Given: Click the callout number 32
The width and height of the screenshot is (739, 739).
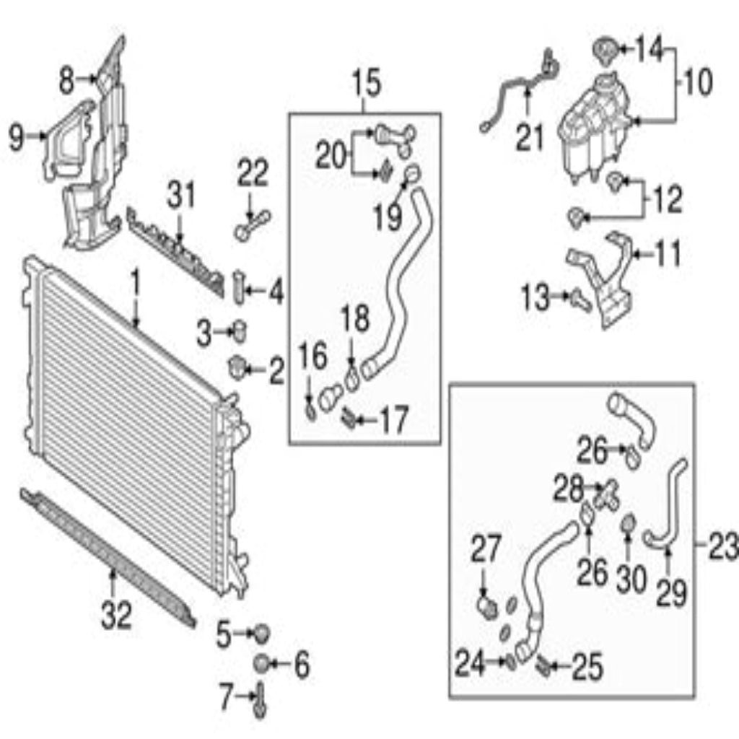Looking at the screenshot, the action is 116,614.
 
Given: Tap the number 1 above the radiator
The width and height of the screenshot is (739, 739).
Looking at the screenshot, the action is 136,282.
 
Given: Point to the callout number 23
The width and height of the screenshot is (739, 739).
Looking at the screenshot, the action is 722,546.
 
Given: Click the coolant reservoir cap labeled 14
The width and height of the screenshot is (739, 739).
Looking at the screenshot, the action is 606,48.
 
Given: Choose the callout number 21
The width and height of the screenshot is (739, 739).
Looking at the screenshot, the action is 529,136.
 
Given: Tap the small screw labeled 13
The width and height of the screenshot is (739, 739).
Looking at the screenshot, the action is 581,299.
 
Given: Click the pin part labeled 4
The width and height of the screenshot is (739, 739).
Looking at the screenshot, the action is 240,288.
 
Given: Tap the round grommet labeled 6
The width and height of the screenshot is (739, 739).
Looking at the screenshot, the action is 261,664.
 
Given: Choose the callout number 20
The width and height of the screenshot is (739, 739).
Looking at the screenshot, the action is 331,156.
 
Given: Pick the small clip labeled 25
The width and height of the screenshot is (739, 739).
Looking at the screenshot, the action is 543,665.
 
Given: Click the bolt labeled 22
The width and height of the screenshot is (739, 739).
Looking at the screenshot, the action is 252,225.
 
